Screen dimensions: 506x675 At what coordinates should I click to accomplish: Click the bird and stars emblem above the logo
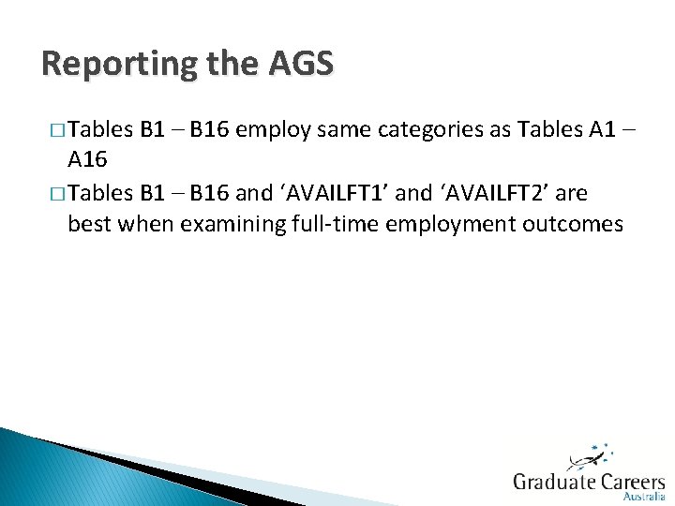[x=590, y=456]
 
